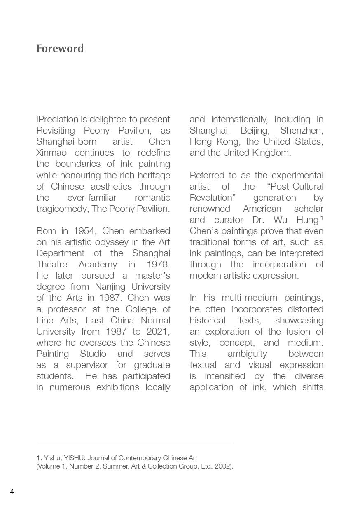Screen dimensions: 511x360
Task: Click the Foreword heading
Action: [x=60, y=48]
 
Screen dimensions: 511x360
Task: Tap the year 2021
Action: [x=158, y=331]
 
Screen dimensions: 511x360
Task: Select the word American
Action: [x=262, y=209]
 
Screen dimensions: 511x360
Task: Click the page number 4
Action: [x=12, y=491]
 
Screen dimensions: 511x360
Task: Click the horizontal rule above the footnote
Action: [x=134, y=443]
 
